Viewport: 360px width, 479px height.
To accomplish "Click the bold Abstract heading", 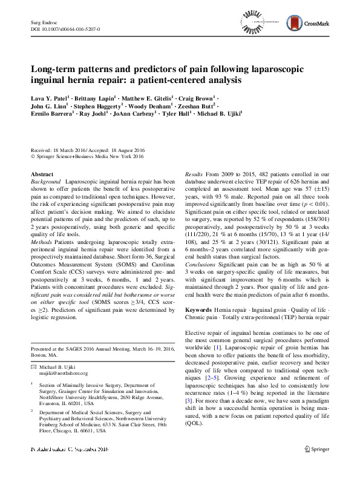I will point(42,174).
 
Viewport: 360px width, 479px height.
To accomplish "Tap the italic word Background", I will point(46,182).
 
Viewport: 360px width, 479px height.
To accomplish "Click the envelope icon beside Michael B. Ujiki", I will point(34,367).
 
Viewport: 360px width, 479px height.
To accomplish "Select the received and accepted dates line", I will point(88,150).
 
